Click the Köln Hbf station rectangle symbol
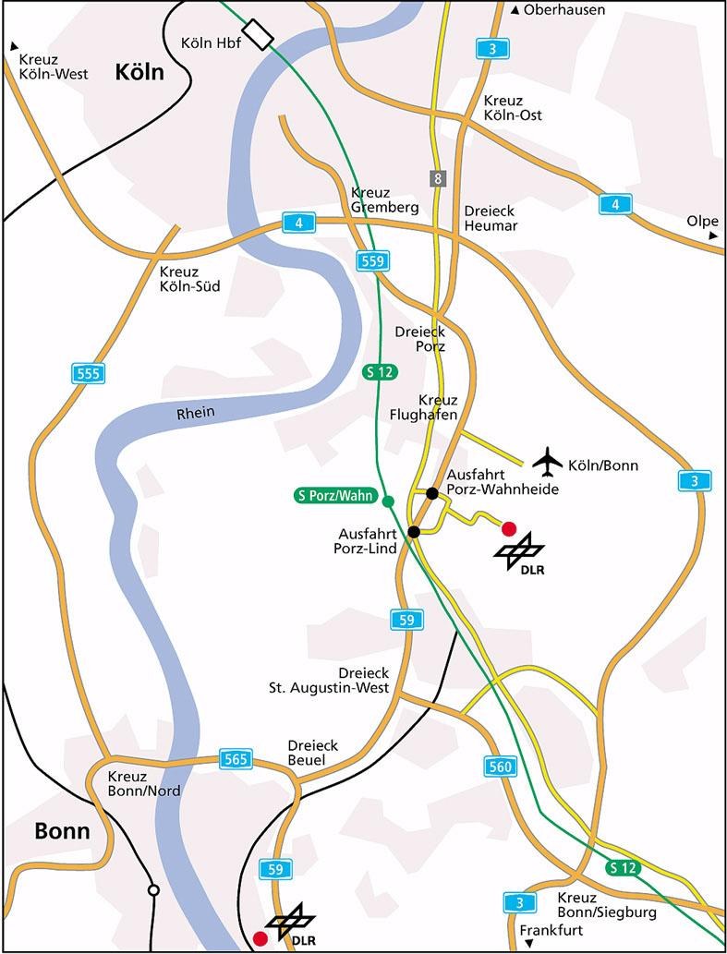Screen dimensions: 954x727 click(261, 36)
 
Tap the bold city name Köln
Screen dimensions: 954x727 click(139, 73)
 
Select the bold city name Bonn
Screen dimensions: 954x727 click(62, 831)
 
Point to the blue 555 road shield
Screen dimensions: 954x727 click(88, 373)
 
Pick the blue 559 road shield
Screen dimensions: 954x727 click(372, 261)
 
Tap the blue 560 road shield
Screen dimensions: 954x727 click(500, 766)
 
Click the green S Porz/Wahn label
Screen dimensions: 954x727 click(335, 496)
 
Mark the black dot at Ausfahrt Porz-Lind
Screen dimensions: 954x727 click(414, 531)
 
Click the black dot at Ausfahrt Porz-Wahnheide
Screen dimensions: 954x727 click(431, 492)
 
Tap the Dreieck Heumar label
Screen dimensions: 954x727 click(491, 218)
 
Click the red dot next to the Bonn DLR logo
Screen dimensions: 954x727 click(261, 938)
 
